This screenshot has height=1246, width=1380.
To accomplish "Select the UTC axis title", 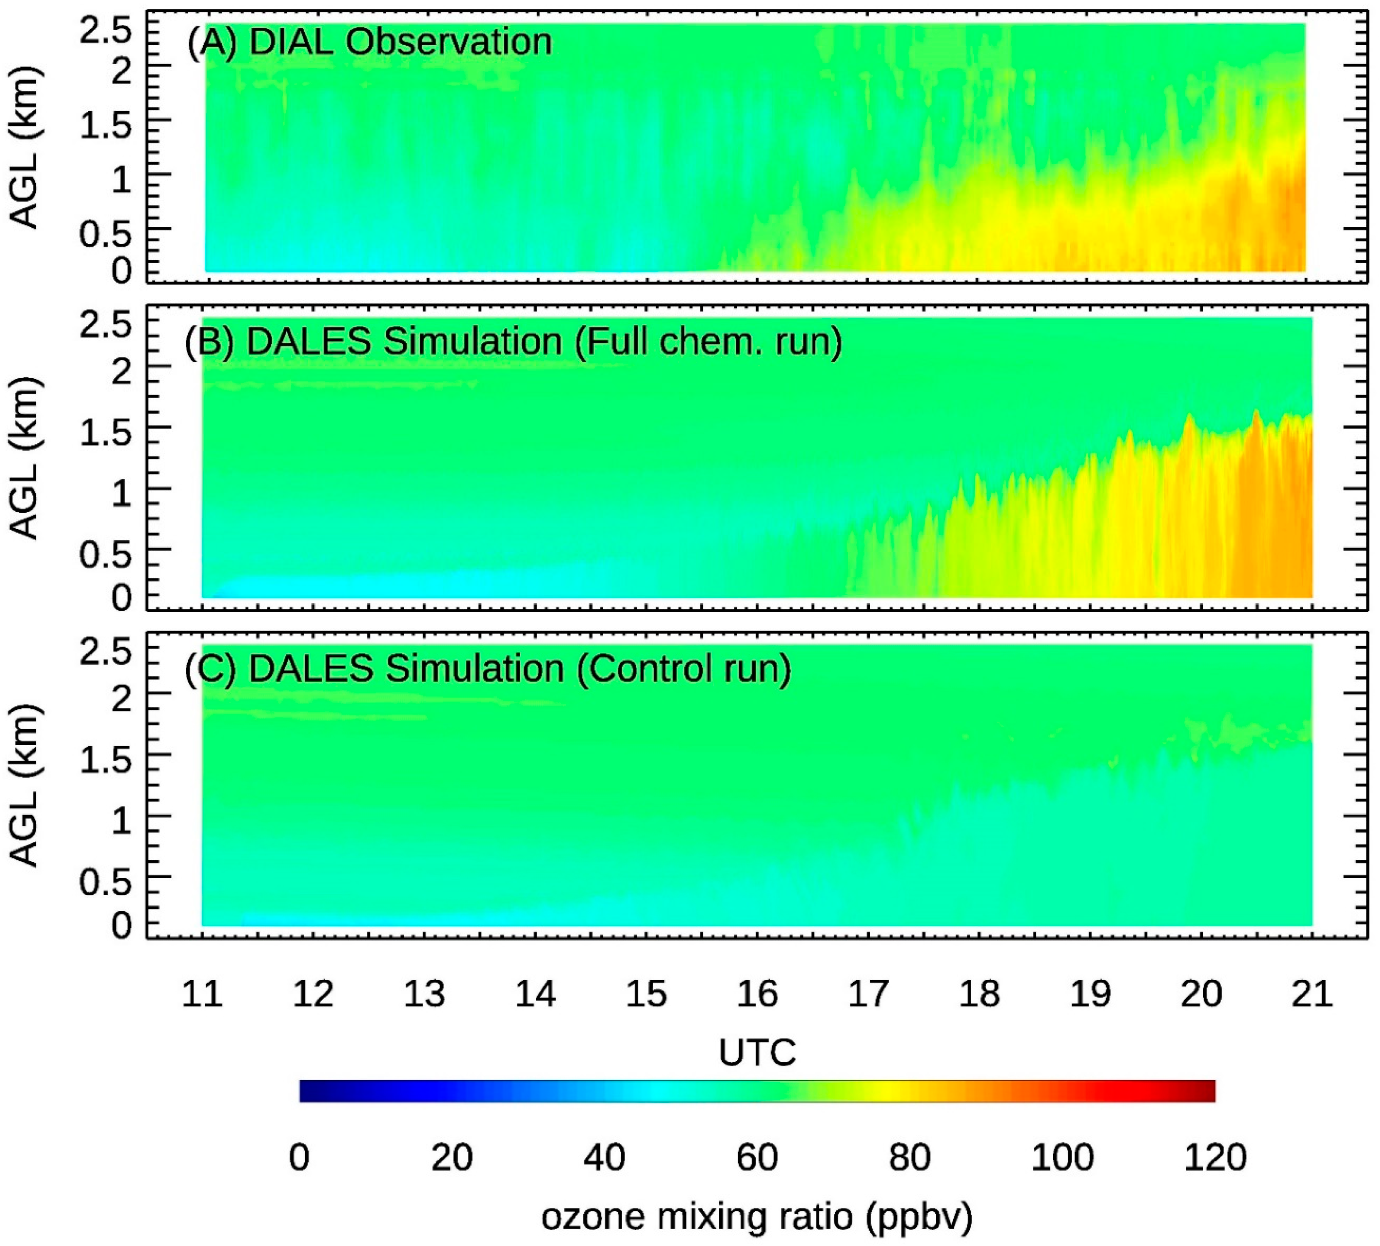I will (x=757, y=1052).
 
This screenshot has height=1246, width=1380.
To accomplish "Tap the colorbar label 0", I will (x=300, y=1157).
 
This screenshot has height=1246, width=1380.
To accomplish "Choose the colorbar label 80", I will (x=909, y=1157).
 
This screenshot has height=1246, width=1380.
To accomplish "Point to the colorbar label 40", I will (x=605, y=1157).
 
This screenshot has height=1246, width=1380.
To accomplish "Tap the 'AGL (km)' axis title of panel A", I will (x=25, y=147).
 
